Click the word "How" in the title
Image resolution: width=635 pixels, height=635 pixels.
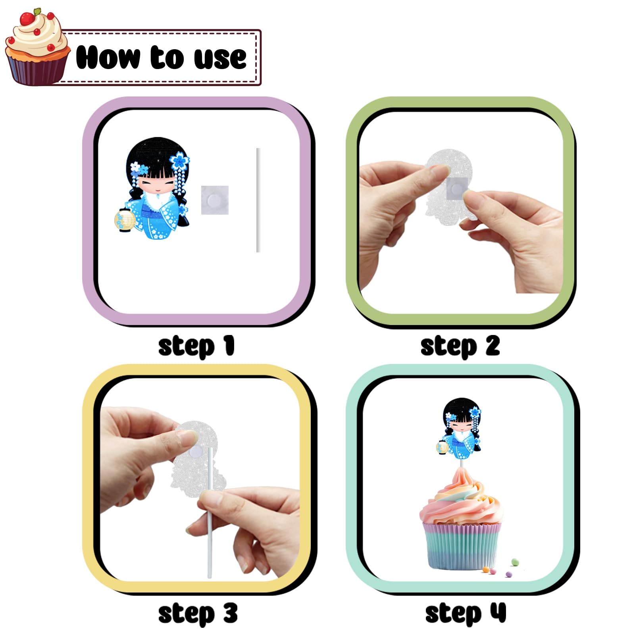pos(108,58)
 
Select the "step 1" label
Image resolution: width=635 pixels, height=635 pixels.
pos(196,346)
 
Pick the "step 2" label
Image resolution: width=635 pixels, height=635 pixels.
pos(460,346)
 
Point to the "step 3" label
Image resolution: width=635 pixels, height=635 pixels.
pos(198,614)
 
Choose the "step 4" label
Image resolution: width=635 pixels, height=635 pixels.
pos(466,614)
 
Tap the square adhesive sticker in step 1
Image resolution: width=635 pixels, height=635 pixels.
pos(215,200)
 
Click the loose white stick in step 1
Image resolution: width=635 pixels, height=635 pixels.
pos(258,200)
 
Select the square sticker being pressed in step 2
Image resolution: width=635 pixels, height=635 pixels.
pos(457,189)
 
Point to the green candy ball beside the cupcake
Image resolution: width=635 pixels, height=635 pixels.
pos(515,562)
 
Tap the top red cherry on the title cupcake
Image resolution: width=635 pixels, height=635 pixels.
pos(27,18)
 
